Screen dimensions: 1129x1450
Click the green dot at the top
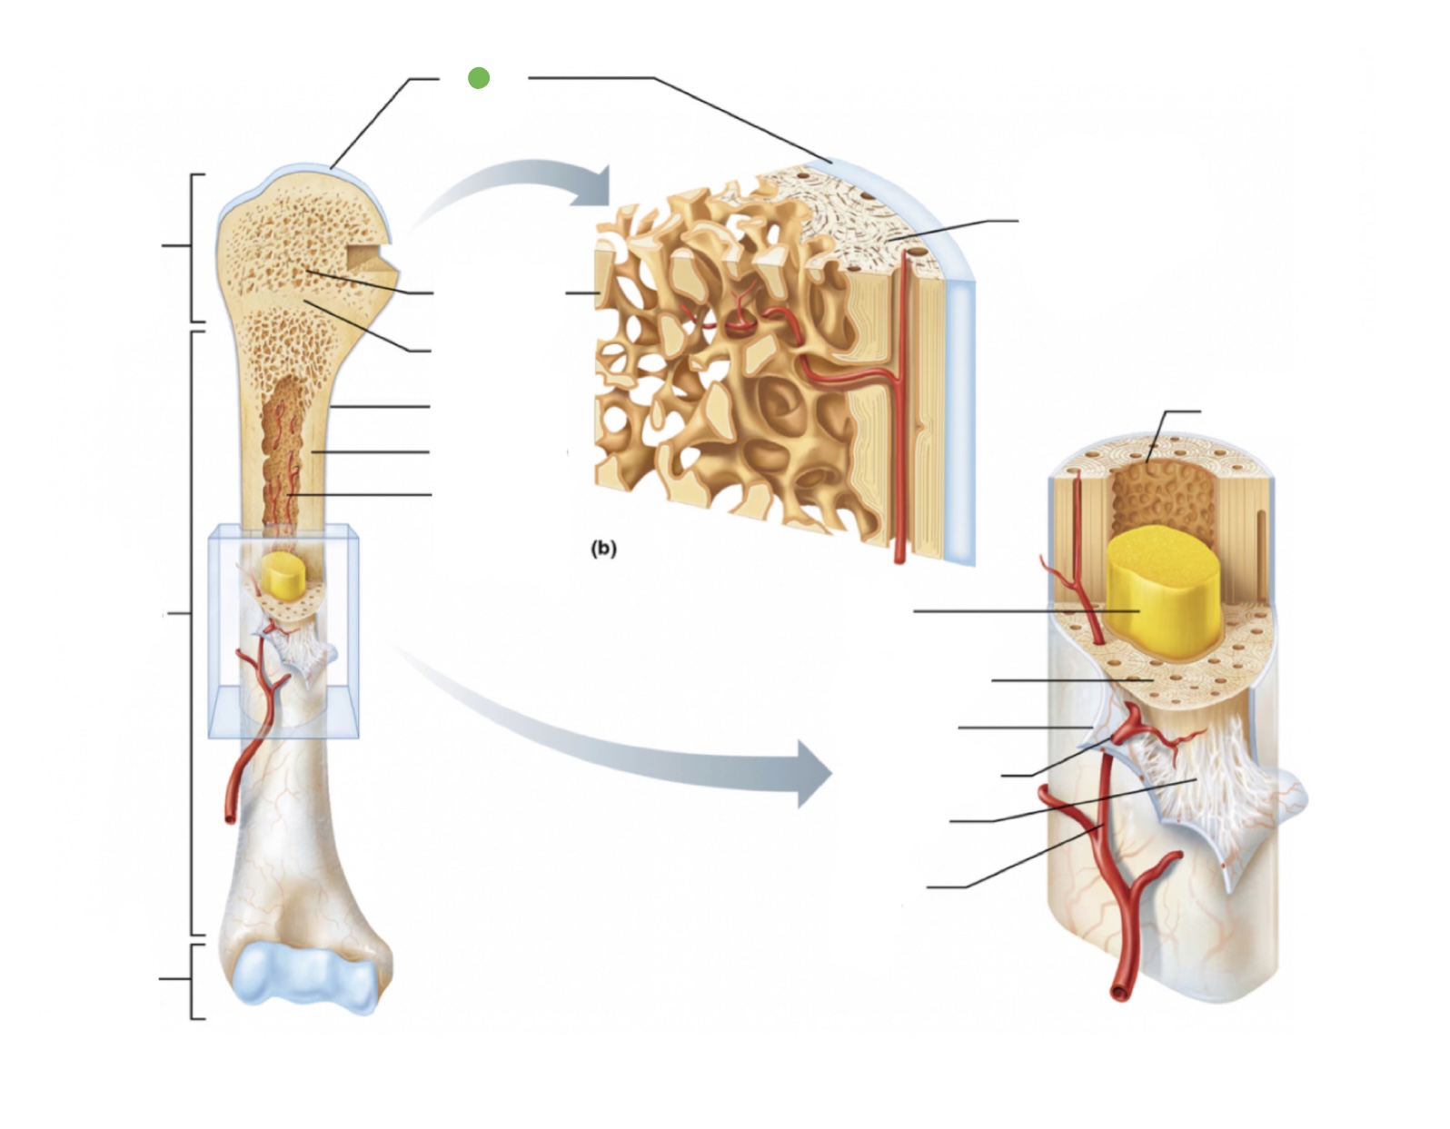tap(479, 78)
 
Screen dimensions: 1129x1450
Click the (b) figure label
tap(603, 548)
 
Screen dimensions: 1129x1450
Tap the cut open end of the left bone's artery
tap(230, 817)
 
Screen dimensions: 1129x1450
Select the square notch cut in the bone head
tap(371, 258)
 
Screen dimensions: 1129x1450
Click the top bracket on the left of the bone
tap(192, 246)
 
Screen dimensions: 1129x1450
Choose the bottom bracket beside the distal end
tap(193, 980)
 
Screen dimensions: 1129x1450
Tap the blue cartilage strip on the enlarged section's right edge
tap(960, 409)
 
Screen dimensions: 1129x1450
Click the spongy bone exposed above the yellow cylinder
tap(1163, 495)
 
